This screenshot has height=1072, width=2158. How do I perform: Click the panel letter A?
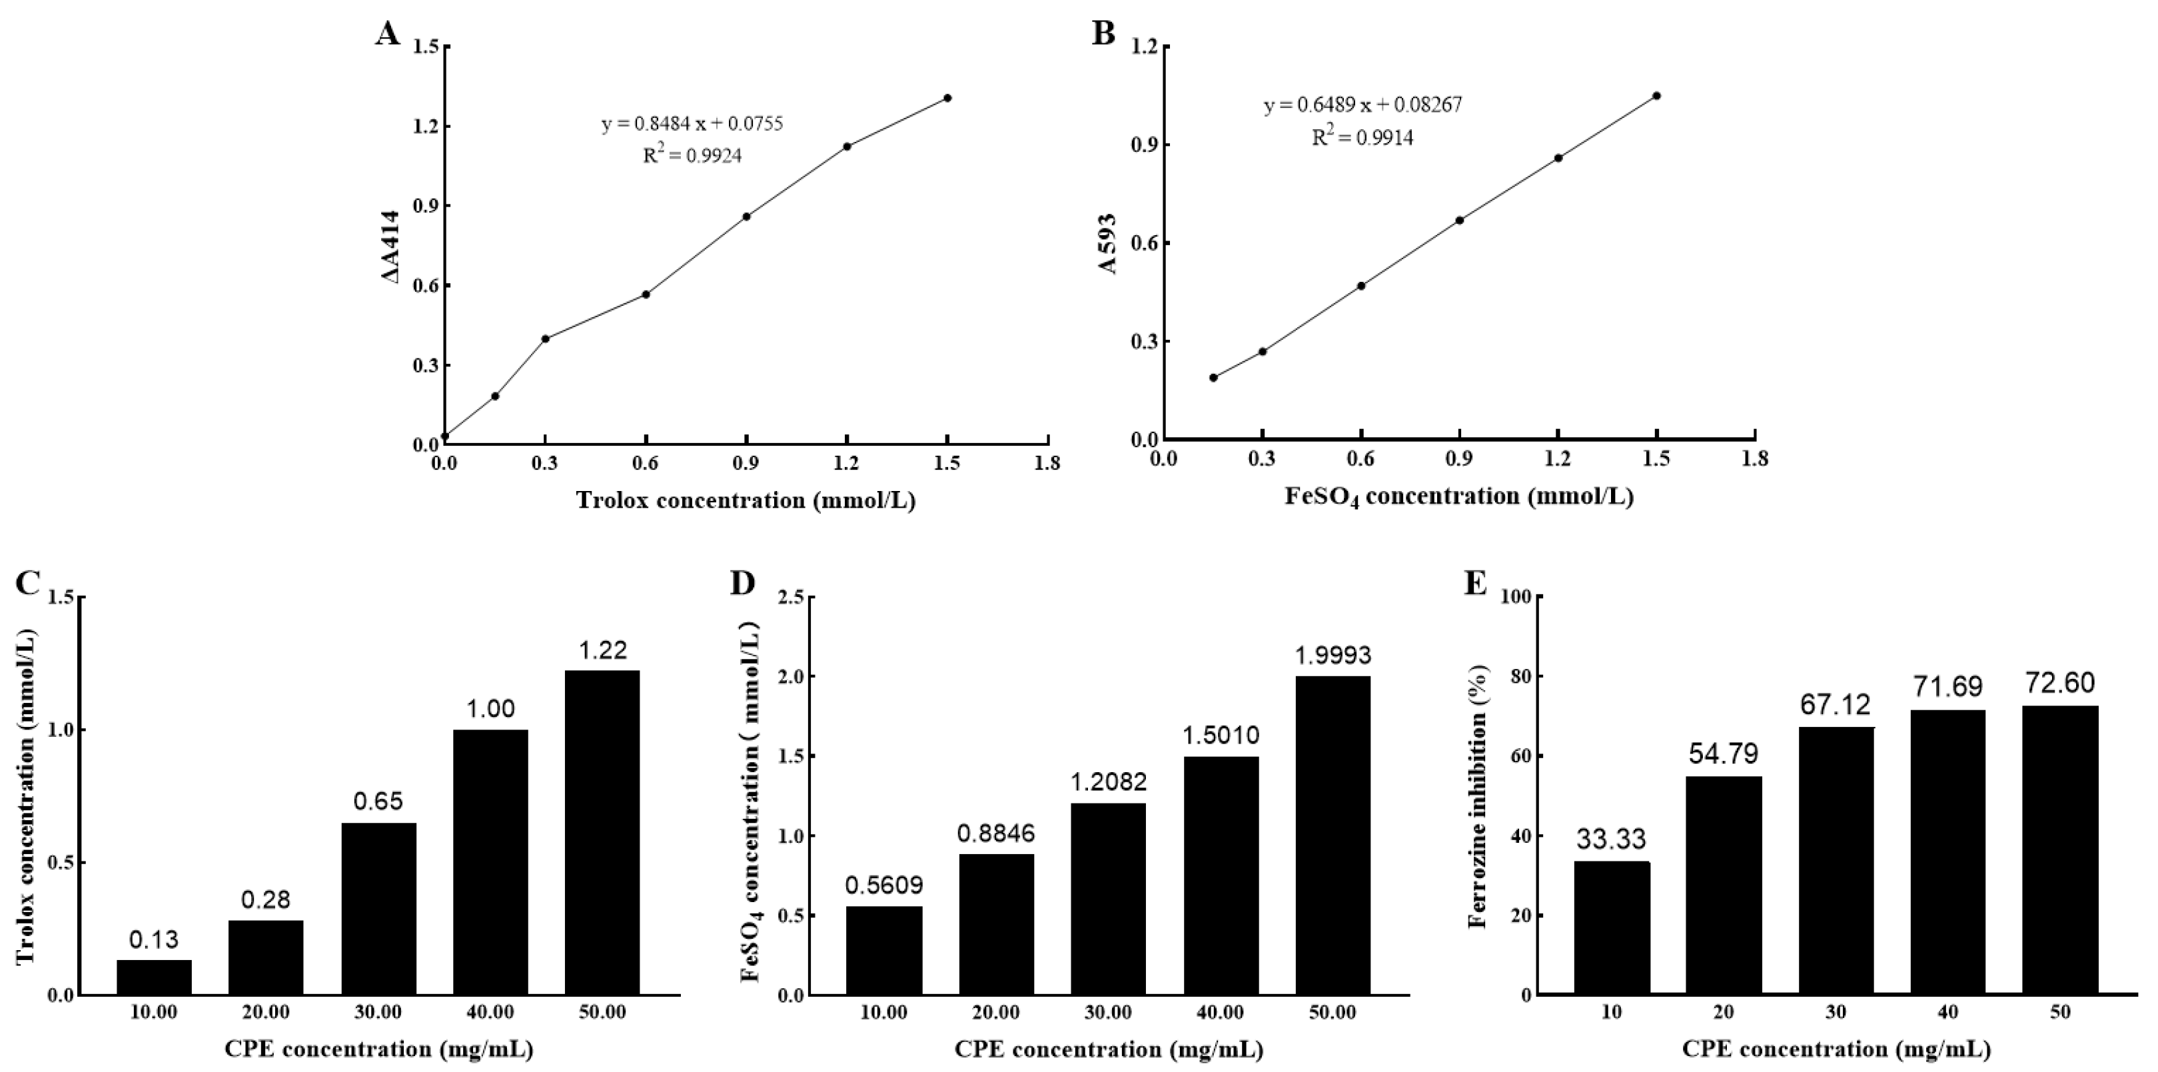pyautogui.click(x=387, y=35)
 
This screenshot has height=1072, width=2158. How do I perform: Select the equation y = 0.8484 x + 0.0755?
pyautogui.click(x=692, y=124)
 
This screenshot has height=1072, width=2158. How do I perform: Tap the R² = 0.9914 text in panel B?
pyautogui.click(x=1362, y=137)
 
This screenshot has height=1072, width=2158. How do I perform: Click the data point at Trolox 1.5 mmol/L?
pyautogui.click(x=947, y=98)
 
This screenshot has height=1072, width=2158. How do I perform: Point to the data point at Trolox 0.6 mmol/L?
pyautogui.click(x=646, y=294)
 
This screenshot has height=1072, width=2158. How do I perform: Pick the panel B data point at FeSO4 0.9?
pyautogui.click(x=1459, y=221)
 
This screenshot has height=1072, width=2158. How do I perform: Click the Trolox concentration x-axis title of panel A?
pyautogui.click(x=745, y=501)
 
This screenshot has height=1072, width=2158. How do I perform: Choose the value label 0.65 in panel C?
pyautogui.click(x=378, y=802)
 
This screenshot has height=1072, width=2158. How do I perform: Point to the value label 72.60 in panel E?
pyautogui.click(x=2061, y=682)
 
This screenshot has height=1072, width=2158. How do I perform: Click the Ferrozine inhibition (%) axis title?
pyautogui.click(x=1477, y=796)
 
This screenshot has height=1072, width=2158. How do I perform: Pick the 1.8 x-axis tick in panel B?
pyautogui.click(x=1755, y=458)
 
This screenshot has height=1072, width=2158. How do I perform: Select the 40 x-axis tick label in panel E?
pyautogui.click(x=1947, y=1011)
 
